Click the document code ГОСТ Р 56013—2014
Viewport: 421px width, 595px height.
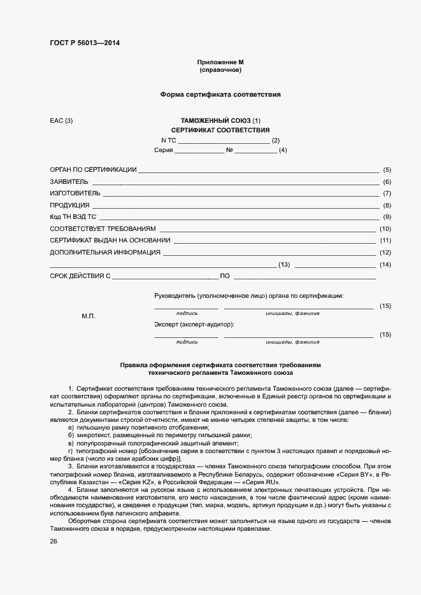[x=84, y=43]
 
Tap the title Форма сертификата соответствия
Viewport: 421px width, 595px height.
[x=220, y=94]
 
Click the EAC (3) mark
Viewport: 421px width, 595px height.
[x=62, y=120]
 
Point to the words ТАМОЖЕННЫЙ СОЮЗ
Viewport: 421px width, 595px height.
[x=215, y=120]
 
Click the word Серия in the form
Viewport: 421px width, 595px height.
[x=164, y=151]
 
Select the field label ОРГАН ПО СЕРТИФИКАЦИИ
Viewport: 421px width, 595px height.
[x=93, y=170]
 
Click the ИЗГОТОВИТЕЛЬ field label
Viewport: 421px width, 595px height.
[x=75, y=193]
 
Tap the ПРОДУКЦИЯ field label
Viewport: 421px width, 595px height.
[x=69, y=206]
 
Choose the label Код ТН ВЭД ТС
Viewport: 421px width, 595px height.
[x=73, y=217]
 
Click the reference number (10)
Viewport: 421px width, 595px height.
[x=385, y=229]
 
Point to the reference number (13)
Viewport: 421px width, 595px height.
[x=284, y=265]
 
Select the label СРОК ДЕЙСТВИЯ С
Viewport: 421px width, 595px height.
[x=80, y=276]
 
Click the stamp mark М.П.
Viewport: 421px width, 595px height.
[x=88, y=316]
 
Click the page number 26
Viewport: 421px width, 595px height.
[x=54, y=541]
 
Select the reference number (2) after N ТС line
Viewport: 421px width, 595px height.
[x=276, y=140]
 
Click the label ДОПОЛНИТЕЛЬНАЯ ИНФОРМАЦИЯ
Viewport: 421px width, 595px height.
[x=105, y=253]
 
